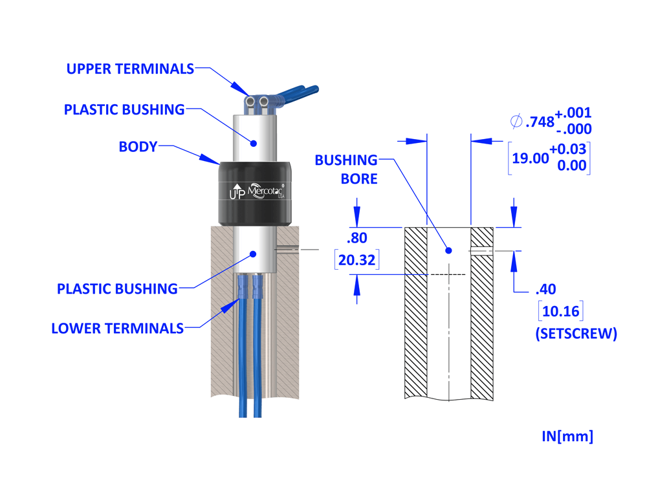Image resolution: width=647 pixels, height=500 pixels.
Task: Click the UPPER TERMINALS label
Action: tap(130, 69)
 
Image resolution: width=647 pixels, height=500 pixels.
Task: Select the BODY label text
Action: tap(138, 147)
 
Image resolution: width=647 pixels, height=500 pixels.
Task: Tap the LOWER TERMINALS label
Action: tap(117, 329)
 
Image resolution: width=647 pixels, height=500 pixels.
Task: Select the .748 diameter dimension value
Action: tap(540, 122)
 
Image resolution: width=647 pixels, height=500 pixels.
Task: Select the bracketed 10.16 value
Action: tap(560, 312)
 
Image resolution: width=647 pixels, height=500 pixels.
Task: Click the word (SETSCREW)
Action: tap(575, 334)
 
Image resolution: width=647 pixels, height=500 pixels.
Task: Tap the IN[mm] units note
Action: tap(567, 436)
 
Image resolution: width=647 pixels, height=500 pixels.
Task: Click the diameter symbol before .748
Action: tap(516, 121)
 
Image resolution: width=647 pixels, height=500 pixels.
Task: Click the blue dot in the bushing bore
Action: tap(449, 250)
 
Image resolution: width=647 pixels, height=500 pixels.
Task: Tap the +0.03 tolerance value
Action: tap(569, 149)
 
